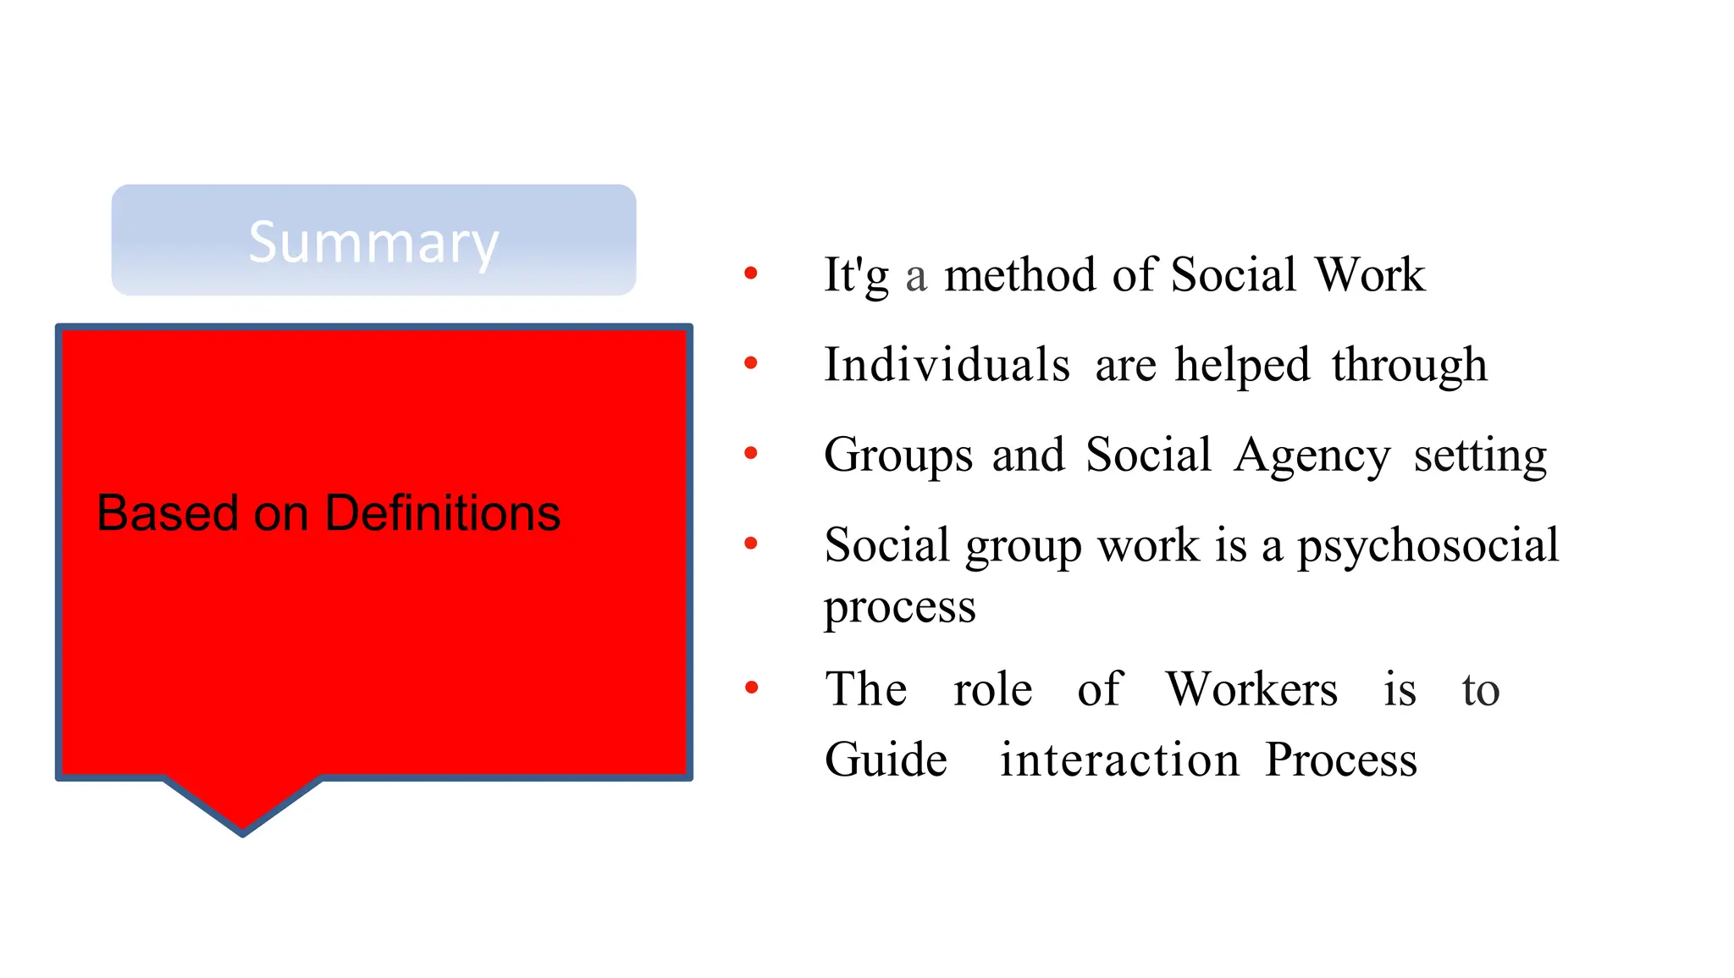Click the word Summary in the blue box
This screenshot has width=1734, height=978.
373,242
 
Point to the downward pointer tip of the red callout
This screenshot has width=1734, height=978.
243,831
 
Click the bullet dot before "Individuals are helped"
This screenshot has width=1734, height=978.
750,363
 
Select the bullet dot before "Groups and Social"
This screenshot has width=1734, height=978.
750,453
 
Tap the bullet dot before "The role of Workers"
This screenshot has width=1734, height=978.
750,687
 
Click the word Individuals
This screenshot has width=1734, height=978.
947,365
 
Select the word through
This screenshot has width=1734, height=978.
1409,367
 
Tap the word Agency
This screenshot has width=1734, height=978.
1312,456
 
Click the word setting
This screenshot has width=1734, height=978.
1480,456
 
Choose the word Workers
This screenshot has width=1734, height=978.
1251,689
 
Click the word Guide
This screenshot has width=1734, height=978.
886,760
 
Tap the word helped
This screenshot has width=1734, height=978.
1242,367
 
